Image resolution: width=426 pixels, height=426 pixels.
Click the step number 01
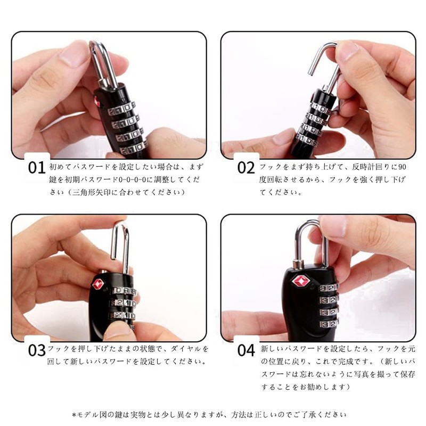(x=36, y=168)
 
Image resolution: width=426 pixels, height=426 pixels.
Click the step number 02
(x=246, y=168)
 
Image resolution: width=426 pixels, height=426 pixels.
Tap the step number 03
(x=36, y=350)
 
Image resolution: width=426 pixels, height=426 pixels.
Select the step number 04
(x=246, y=350)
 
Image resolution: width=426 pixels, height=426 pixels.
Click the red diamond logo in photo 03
(x=99, y=284)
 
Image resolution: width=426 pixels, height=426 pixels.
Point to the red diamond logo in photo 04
(x=300, y=281)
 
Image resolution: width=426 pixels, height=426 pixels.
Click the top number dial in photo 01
(x=121, y=109)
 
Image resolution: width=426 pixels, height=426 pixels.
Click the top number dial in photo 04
(x=329, y=288)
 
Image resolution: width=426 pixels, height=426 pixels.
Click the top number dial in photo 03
(x=124, y=291)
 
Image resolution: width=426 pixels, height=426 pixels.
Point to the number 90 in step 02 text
(x=402, y=167)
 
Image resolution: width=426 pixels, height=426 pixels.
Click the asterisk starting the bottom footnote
(x=73, y=415)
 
